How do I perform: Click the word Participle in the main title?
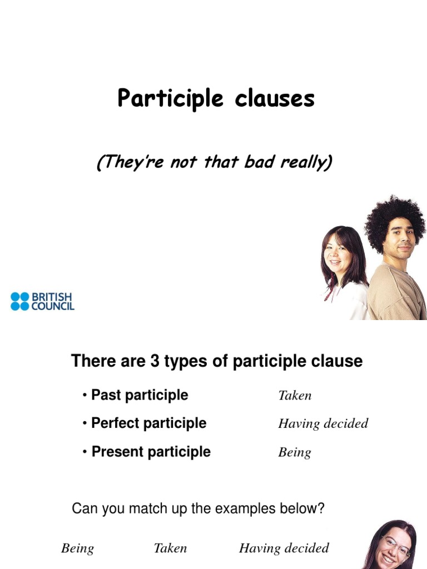click(170, 98)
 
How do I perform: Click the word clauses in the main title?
click(275, 98)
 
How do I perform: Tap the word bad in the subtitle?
click(259, 162)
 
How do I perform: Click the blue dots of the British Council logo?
click(19, 302)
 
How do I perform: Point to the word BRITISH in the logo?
click(52, 297)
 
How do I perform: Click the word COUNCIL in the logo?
click(53, 306)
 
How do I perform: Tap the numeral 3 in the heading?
click(155, 361)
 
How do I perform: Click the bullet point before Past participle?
click(85, 395)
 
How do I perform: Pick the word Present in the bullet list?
click(118, 451)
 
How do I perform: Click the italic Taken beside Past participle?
click(295, 395)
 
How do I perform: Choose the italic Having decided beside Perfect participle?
click(323, 423)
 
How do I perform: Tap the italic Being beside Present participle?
click(295, 452)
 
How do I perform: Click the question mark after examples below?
click(320, 508)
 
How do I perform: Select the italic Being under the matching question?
click(77, 548)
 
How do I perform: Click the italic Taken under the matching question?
click(170, 548)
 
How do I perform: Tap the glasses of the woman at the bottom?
click(396, 547)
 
